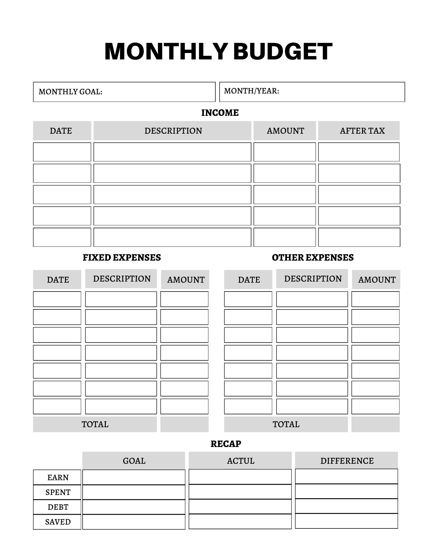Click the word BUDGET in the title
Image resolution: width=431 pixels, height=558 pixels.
(x=282, y=52)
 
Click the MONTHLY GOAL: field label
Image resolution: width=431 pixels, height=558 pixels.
(x=71, y=92)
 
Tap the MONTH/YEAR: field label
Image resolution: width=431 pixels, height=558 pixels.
(x=251, y=91)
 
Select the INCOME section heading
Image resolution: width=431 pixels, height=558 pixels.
(x=220, y=113)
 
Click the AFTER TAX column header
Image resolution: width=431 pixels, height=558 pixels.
(x=362, y=131)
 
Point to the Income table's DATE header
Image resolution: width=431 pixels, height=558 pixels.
(x=61, y=131)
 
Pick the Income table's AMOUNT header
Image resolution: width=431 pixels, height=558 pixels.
(x=285, y=131)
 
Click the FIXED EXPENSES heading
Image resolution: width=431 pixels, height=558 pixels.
(x=122, y=258)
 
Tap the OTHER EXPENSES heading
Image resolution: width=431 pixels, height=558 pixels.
(x=313, y=258)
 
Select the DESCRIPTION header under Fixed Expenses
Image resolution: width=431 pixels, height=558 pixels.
(x=122, y=279)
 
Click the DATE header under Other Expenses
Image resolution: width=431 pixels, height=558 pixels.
(x=249, y=280)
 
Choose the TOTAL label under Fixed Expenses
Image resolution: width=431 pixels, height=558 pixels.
(x=95, y=424)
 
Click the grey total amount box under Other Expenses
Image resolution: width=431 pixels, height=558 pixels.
(x=375, y=424)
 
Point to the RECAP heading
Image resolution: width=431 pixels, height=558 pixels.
(x=226, y=444)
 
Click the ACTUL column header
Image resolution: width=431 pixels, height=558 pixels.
(x=240, y=461)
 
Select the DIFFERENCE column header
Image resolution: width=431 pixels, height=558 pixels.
(x=347, y=461)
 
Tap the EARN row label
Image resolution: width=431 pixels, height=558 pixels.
(x=58, y=478)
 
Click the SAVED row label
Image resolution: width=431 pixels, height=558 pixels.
(x=58, y=522)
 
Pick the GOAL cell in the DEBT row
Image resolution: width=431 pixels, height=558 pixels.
(x=134, y=507)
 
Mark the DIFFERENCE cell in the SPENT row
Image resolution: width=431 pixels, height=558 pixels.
(x=346, y=491)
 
